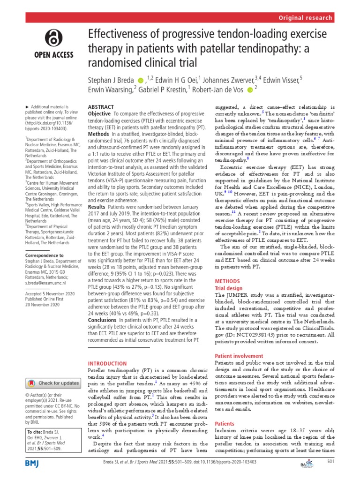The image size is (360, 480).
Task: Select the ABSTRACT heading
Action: tap(102, 107)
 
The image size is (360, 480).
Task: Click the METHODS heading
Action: tap(226, 281)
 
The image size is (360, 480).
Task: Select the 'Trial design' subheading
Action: tap(228, 288)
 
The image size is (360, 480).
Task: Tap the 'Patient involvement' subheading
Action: tap(238, 356)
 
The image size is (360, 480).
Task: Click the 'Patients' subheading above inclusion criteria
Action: tap(225, 424)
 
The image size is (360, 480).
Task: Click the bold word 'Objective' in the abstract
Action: tap(99, 114)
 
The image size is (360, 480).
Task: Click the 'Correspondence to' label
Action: tap(46, 256)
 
